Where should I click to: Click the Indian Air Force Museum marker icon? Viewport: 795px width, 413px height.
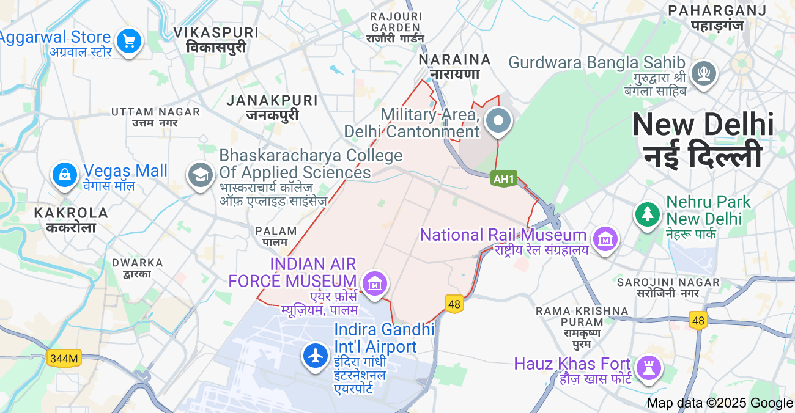click(375, 283)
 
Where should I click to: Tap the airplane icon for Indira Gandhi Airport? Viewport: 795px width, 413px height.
click(316, 355)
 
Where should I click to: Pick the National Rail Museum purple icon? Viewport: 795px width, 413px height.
click(605, 239)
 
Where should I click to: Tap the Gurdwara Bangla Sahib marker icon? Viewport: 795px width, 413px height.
click(703, 73)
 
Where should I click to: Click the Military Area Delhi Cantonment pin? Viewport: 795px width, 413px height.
click(498, 121)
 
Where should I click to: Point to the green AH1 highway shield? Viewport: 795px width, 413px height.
click(504, 179)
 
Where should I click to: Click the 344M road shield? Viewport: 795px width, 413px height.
click(64, 359)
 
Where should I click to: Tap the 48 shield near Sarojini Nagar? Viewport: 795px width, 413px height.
click(698, 320)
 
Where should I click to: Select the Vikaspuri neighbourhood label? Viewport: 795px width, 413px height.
click(216, 39)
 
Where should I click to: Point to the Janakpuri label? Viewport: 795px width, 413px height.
click(272, 107)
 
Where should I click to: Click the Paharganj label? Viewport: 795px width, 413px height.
click(717, 17)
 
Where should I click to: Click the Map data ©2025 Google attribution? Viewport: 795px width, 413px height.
click(720, 403)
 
